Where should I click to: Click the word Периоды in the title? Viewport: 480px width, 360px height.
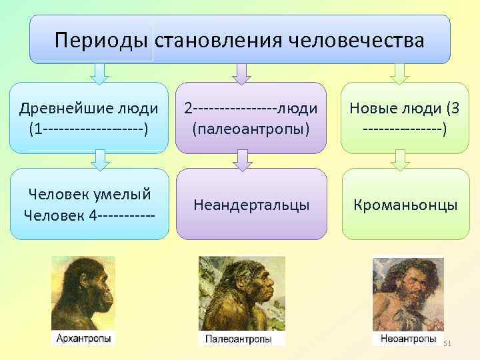point(102,40)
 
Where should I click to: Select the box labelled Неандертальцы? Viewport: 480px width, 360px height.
point(251,205)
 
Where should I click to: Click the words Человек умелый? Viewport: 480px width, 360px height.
point(89,194)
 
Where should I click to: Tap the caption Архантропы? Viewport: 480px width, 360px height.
point(83,339)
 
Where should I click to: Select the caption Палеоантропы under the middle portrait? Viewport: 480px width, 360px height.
point(238,339)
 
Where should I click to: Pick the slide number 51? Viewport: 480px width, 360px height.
point(447,343)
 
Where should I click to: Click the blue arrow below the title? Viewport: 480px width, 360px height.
point(99,73)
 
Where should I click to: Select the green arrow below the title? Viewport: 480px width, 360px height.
point(399,73)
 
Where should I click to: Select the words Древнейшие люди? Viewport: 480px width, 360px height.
point(89,108)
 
